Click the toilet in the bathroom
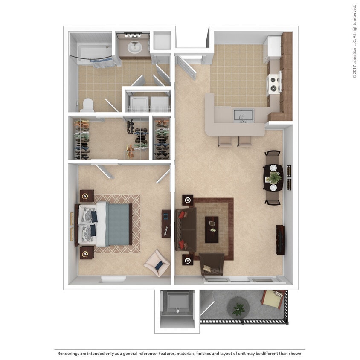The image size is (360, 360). (87, 104)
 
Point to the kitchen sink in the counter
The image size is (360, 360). (243, 115)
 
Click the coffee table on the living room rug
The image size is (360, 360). (212, 229)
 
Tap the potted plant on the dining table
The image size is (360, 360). (273, 177)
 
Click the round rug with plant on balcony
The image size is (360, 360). (238, 306)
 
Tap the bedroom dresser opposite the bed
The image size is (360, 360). (165, 224)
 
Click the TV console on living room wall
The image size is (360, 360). (280, 239)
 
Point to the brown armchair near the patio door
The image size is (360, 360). (212, 264)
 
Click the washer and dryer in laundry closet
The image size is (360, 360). (148, 104)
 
